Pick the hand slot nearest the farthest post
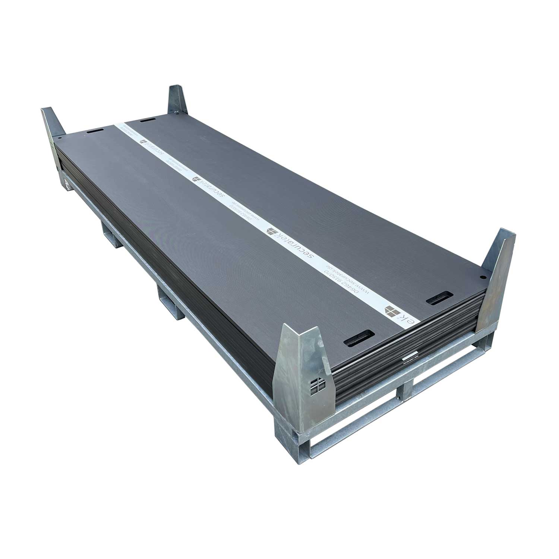(x=148, y=121)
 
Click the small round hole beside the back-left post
(x=60, y=138)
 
